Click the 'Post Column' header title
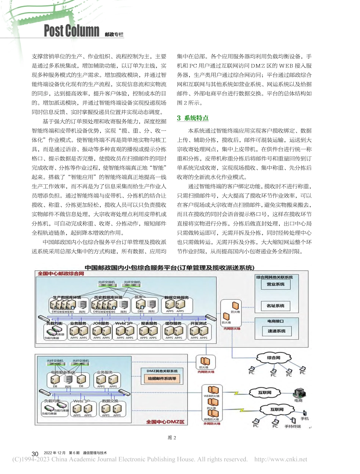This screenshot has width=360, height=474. click(71, 31)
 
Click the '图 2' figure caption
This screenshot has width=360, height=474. click(172, 438)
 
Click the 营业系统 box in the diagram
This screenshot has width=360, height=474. click(275, 284)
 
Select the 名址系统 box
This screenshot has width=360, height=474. click(275, 305)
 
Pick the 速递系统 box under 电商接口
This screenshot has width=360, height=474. click(275, 331)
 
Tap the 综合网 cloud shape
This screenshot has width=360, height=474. click(274, 357)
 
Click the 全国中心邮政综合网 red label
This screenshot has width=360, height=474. click(61, 273)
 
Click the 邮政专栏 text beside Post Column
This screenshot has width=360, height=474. click(114, 35)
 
